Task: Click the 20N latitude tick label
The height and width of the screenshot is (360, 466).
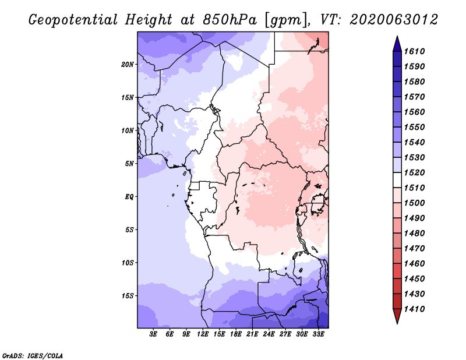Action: (x=128, y=65)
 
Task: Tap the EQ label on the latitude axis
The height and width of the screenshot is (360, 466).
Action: (x=129, y=197)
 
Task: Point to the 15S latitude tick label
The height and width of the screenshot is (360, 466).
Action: (x=128, y=296)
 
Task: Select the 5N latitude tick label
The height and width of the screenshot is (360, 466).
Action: (x=129, y=164)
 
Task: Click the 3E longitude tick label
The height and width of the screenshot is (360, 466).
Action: (x=153, y=334)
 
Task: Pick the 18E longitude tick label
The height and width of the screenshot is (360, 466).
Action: (x=236, y=334)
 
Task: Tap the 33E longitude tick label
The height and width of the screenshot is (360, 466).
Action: (x=318, y=334)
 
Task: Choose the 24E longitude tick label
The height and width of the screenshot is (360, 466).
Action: (x=269, y=334)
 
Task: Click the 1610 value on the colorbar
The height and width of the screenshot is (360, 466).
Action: (x=415, y=51)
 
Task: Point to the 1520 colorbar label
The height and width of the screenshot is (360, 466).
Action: (x=415, y=172)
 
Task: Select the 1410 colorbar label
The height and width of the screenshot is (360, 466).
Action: (x=415, y=309)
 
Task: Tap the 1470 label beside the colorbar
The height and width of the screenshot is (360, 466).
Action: (x=415, y=249)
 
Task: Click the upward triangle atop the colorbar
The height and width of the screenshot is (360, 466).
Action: (x=397, y=45)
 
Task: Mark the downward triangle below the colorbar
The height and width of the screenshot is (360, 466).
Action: (x=397, y=316)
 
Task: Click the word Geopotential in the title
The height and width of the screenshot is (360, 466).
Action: (x=73, y=20)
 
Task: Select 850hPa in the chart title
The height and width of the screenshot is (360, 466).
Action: (x=230, y=20)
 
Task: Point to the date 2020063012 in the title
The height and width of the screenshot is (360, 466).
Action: (x=394, y=20)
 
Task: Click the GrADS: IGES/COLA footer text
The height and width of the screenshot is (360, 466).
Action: (x=33, y=356)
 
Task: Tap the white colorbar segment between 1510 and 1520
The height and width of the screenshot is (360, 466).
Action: (x=397, y=180)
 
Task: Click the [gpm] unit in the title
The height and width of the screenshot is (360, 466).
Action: (x=285, y=20)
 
